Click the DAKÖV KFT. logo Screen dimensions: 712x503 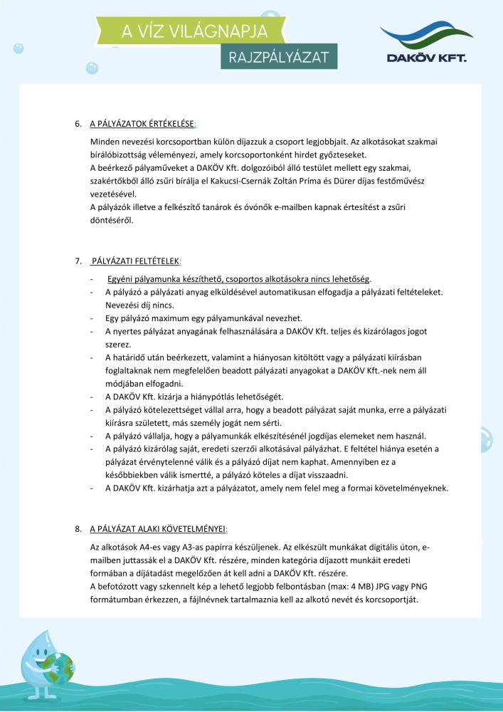tap(423, 43)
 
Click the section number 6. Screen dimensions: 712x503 tap(78, 124)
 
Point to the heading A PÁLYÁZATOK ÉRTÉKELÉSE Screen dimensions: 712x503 tap(143, 124)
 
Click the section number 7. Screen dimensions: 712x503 tap(78, 261)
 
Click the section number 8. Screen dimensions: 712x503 tap(78, 529)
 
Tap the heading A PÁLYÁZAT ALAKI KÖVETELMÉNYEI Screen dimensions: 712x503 tap(157, 529)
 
